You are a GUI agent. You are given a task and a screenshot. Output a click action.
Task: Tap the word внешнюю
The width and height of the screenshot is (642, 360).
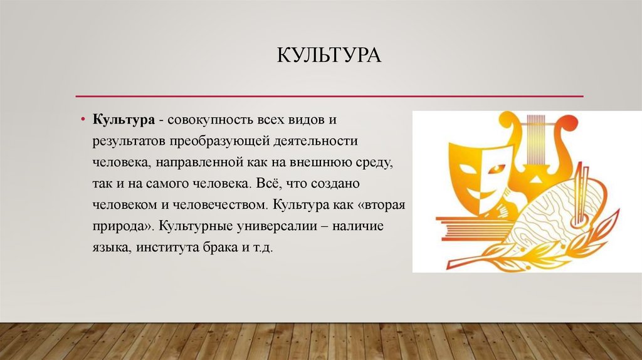pyautogui.click(x=312, y=162)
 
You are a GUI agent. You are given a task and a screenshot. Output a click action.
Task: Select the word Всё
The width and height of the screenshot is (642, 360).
pyautogui.click(x=267, y=184)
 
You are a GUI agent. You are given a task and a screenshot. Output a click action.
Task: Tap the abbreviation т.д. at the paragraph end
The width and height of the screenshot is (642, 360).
pyautogui.click(x=263, y=248)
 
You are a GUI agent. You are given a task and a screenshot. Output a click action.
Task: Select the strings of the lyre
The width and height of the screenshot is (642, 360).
pyautogui.click(x=536, y=144)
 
